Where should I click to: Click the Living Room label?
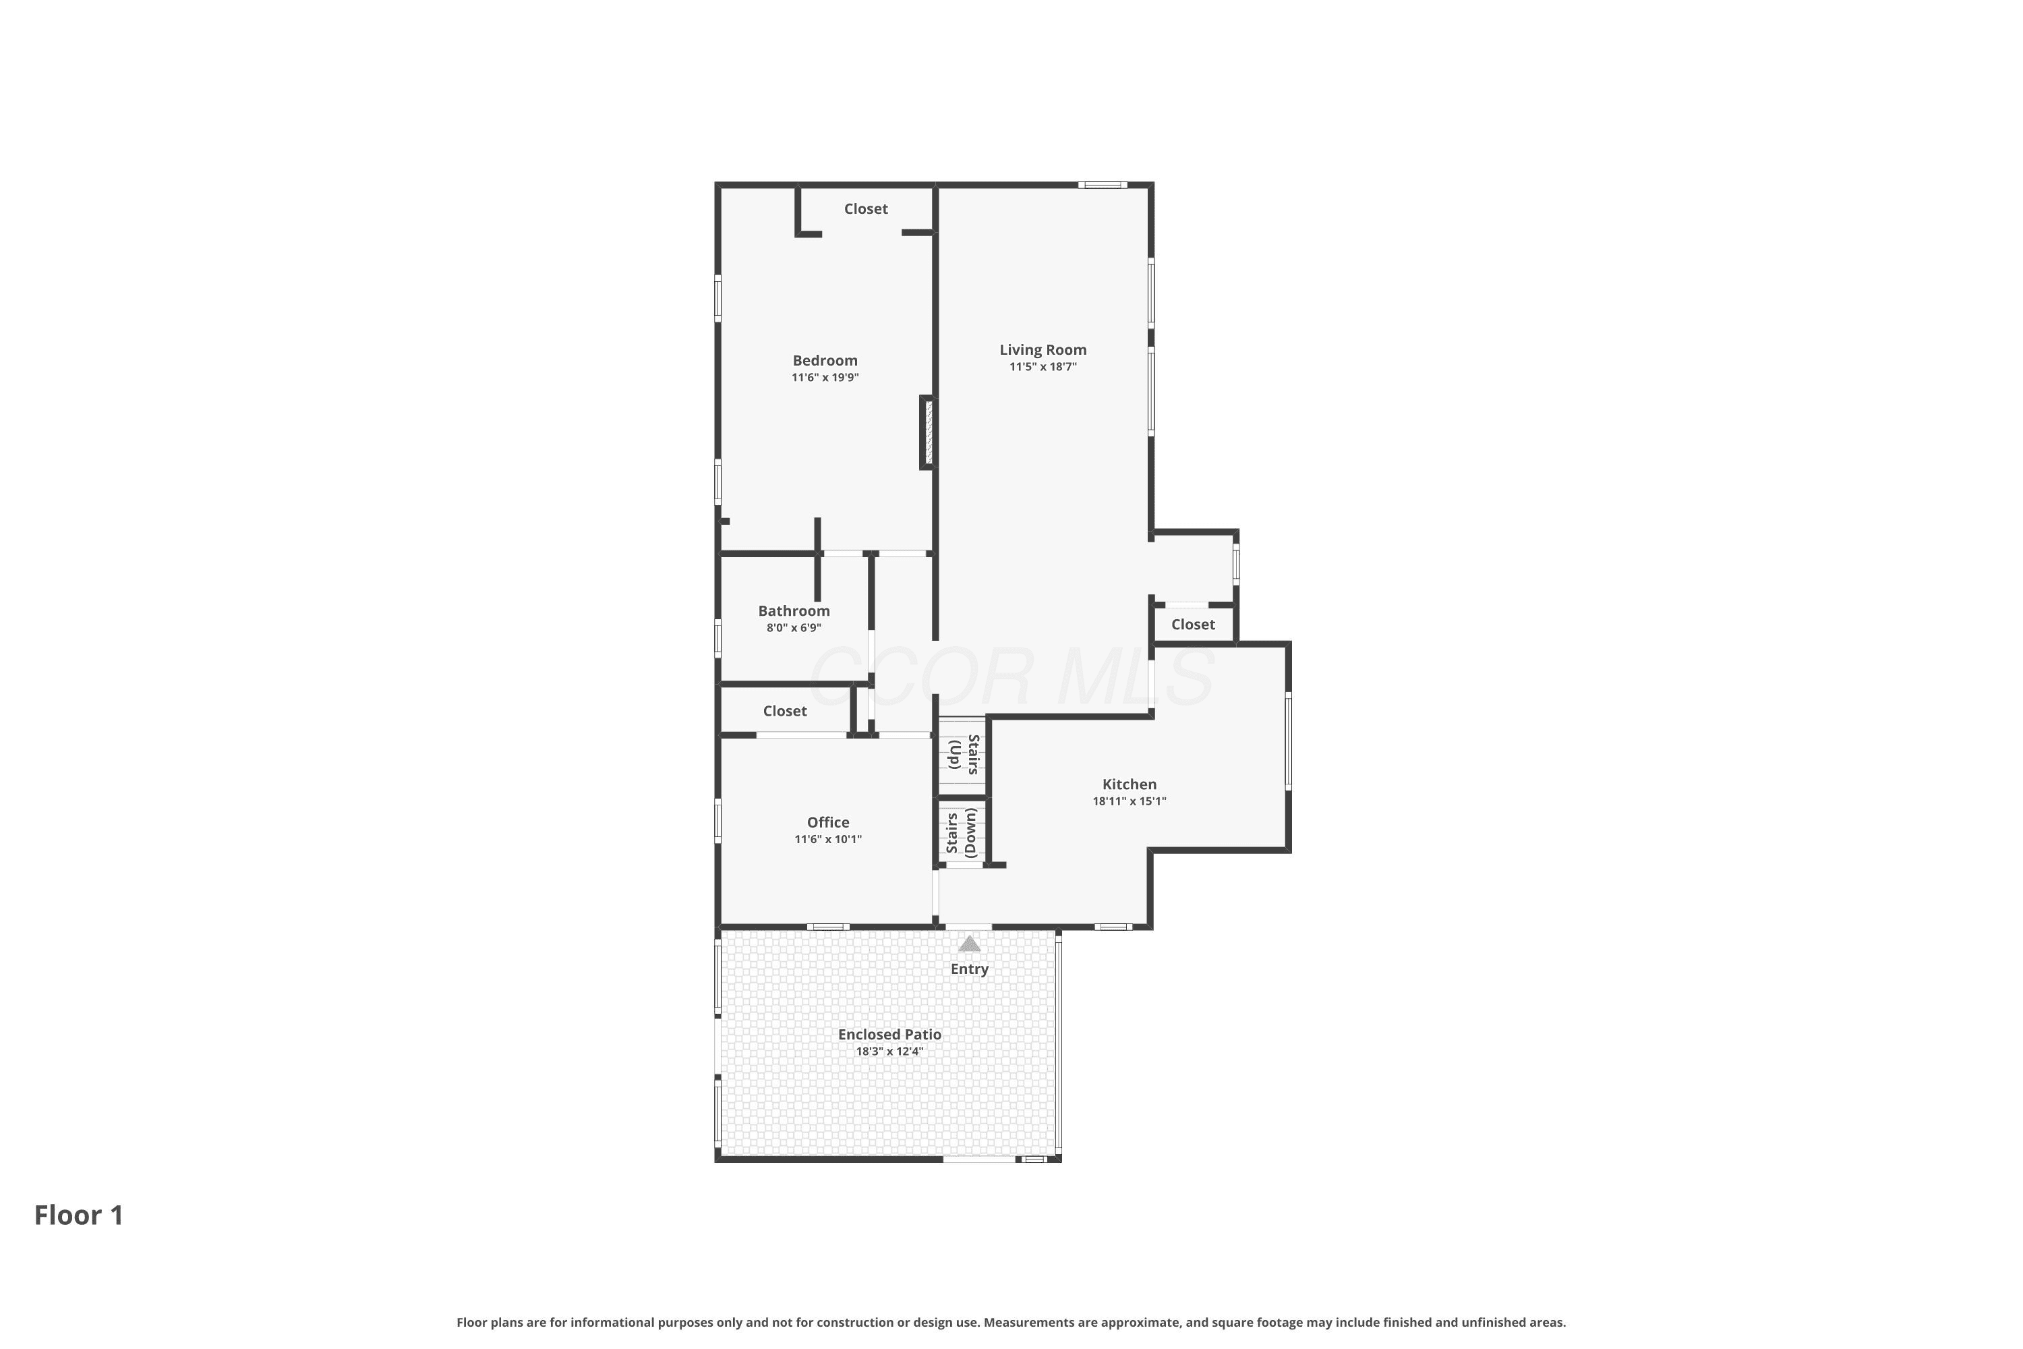pyautogui.click(x=1043, y=350)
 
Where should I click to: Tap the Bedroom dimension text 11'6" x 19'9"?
pyautogui.click(x=825, y=378)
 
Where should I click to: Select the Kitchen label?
pyautogui.click(x=1130, y=784)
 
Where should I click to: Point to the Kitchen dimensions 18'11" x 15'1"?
pyautogui.click(x=1130, y=802)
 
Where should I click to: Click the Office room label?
pyautogui.click(x=827, y=822)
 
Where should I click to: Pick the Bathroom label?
pyautogui.click(x=794, y=611)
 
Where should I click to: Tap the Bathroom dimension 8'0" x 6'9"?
pyautogui.click(x=794, y=628)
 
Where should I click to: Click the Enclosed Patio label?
pyautogui.click(x=889, y=1035)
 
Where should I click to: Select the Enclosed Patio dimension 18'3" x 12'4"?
pyautogui.click(x=889, y=1052)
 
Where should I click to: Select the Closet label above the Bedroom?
pyautogui.click(x=865, y=209)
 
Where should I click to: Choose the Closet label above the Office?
pyautogui.click(x=784, y=712)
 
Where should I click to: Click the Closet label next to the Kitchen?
pyautogui.click(x=1193, y=625)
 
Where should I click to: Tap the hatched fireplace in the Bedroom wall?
pyautogui.click(x=928, y=432)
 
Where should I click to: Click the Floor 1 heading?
pyautogui.click(x=79, y=1215)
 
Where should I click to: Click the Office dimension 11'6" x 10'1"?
pyautogui.click(x=827, y=840)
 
